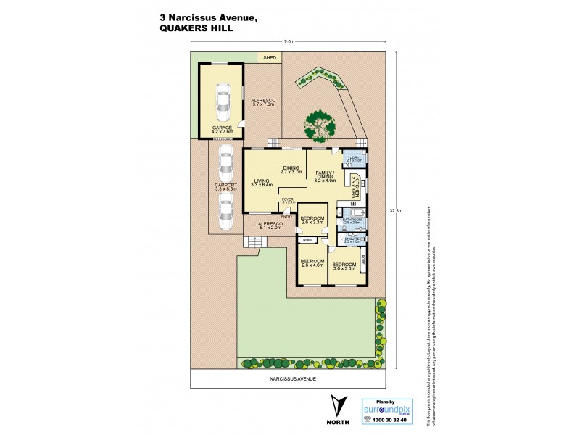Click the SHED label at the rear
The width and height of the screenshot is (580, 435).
270,57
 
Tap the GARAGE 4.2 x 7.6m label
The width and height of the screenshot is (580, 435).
222,130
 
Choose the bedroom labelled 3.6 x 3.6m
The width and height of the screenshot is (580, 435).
344,266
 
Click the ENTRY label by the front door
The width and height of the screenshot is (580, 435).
286,216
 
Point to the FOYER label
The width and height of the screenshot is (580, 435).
287,200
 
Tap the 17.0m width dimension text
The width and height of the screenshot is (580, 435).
289,42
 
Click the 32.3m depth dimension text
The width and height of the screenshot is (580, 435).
396,211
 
